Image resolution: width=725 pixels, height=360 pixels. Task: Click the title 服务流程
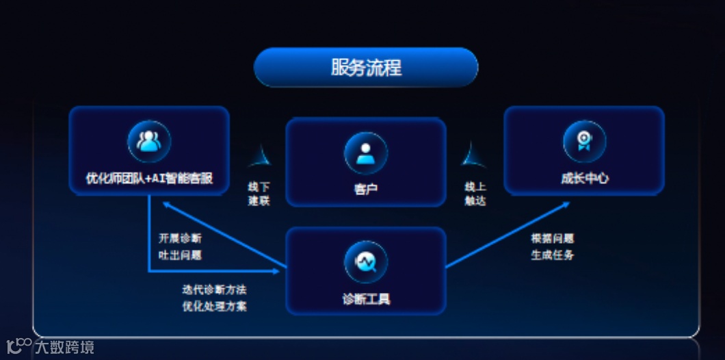(x=366, y=67)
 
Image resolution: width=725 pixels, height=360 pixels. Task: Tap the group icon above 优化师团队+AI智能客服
(x=149, y=141)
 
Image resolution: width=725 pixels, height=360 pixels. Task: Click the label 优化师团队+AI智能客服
(x=149, y=179)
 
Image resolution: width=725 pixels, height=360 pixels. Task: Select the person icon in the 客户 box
(x=366, y=153)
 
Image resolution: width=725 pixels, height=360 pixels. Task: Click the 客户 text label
(x=366, y=189)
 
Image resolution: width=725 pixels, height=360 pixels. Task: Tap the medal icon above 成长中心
(x=584, y=141)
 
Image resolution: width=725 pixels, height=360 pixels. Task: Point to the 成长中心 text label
(x=584, y=179)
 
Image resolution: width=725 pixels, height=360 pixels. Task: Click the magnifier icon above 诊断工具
(x=366, y=261)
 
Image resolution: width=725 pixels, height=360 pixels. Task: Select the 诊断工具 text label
(x=366, y=298)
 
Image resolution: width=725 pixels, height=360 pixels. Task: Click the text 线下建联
(x=259, y=194)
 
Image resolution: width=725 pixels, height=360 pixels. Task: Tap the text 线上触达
(x=475, y=194)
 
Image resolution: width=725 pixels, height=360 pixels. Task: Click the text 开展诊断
(x=180, y=238)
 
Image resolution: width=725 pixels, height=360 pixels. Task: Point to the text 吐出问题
(x=180, y=255)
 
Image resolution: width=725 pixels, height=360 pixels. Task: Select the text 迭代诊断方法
(x=214, y=289)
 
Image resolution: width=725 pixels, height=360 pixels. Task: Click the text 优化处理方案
(x=214, y=306)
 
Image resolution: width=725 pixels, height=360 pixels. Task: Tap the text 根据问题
(x=552, y=238)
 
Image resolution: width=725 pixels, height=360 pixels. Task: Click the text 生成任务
(x=552, y=255)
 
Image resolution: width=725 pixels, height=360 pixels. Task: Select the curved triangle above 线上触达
(x=473, y=157)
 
